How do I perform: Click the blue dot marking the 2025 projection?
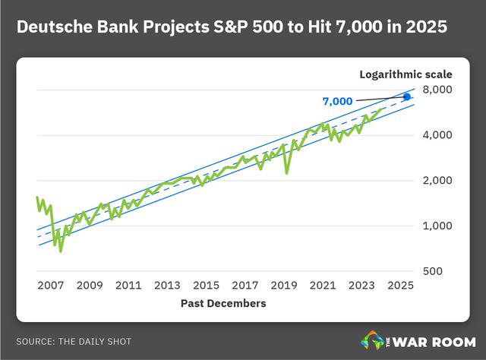tap(407, 97)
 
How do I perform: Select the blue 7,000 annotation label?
tap(337, 102)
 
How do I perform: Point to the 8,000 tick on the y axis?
tap(437, 90)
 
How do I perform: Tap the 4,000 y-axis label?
tap(437, 135)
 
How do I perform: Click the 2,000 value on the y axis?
tap(437, 180)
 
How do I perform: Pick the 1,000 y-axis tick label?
tap(437, 226)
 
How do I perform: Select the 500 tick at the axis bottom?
tap(433, 271)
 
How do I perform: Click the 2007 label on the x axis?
tap(51, 286)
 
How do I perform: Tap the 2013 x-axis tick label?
tap(167, 286)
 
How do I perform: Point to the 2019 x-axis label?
tap(284, 286)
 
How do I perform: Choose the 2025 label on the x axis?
tap(400, 286)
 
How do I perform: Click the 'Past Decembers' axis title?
tap(223, 303)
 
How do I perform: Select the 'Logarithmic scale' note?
tap(406, 74)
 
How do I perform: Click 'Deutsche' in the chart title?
tap(55, 27)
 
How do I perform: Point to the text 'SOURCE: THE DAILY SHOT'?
tap(74, 342)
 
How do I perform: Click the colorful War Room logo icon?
tap(372, 340)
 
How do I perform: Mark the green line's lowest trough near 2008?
tap(61, 251)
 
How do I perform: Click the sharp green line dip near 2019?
tap(287, 173)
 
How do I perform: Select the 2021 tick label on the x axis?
tap(323, 286)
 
